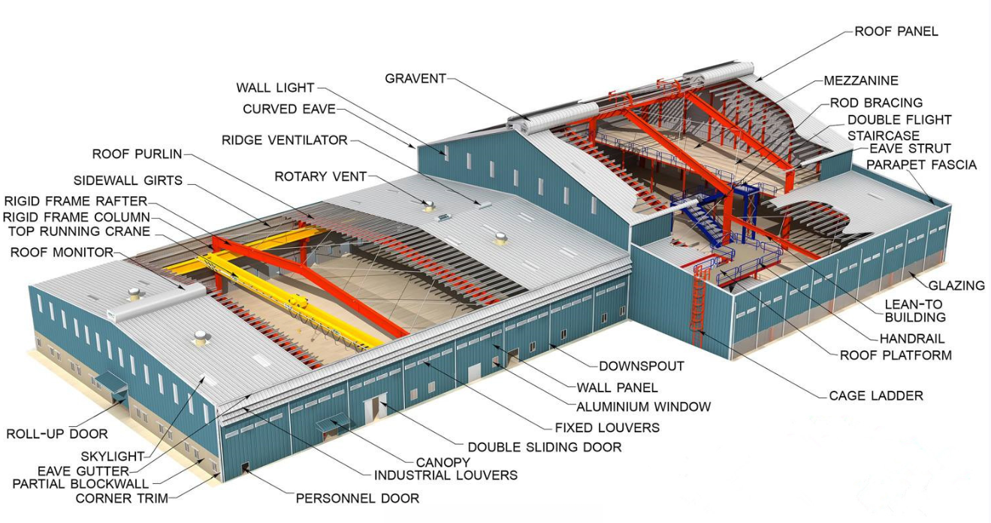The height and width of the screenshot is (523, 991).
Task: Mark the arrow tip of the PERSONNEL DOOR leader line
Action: (x=243, y=469)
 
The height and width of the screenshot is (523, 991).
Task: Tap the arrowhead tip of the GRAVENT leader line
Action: (x=530, y=120)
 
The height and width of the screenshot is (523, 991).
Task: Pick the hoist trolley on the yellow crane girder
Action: (x=298, y=303)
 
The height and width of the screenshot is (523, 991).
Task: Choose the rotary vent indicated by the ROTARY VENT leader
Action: (x=428, y=205)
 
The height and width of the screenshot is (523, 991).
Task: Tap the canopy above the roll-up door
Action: (x=110, y=381)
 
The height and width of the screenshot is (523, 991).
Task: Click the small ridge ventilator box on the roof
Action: (x=483, y=205)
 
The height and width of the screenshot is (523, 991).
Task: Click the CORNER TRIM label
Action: (x=122, y=498)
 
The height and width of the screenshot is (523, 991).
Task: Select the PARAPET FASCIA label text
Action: (x=921, y=165)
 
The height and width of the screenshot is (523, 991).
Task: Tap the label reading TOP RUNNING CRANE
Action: (x=79, y=231)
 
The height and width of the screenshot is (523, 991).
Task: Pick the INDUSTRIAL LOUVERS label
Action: (x=446, y=476)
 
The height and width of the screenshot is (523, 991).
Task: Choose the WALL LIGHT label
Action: (x=275, y=88)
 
